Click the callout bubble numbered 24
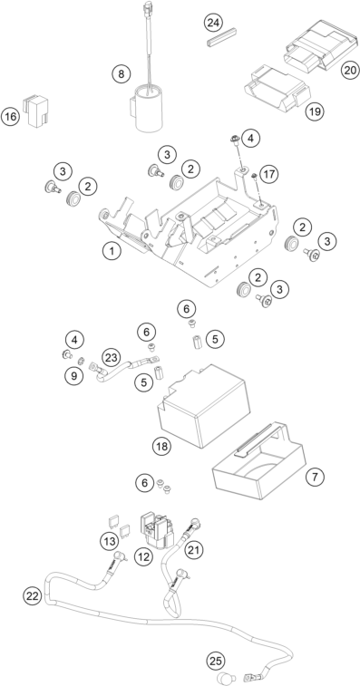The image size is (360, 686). (213, 23)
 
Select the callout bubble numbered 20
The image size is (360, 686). (350, 70)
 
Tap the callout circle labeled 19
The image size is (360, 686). (315, 111)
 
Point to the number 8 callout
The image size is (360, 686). (122, 73)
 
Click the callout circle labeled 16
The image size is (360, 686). (11, 116)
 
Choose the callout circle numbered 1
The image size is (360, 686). (112, 251)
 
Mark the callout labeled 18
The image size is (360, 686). (161, 446)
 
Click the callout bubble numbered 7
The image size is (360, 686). (315, 477)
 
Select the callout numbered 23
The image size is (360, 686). (112, 358)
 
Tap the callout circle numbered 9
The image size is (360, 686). (74, 376)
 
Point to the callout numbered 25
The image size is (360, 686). (216, 661)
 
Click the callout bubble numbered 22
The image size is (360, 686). (34, 595)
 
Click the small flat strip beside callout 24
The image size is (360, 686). (221, 37)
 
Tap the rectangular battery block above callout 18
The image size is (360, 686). (204, 406)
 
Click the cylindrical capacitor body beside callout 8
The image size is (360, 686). (149, 110)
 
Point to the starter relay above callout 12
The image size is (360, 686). (156, 530)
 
